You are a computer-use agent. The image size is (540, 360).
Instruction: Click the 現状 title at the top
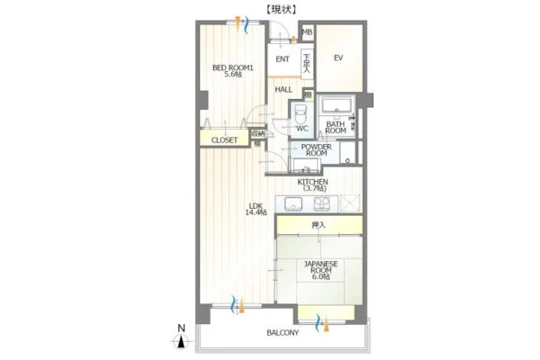point(281,10)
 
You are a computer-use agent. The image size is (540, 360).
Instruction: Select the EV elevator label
point(338,58)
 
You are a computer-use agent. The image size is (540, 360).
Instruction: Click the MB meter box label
point(307,32)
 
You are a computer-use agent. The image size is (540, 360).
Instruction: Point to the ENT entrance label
point(283,59)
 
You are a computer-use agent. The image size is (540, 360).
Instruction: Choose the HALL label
point(283,90)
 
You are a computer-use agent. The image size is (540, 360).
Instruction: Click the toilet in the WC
point(301,114)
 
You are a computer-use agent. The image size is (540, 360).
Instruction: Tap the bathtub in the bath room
point(337,106)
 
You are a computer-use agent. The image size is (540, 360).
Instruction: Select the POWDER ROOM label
point(316,150)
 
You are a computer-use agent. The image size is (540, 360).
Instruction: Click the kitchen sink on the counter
point(293,204)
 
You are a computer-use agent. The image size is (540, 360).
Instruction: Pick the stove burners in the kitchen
point(321,203)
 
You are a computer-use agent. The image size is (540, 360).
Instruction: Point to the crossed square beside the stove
point(350,203)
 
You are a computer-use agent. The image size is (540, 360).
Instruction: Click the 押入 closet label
point(319,225)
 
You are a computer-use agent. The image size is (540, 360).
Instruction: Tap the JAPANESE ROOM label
point(320,270)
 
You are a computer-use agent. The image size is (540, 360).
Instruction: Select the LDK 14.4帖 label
point(256,210)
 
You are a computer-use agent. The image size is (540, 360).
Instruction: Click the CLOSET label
point(224,140)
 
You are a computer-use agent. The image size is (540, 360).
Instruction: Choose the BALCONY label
point(283,333)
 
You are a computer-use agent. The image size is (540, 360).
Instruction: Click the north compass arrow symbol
point(182,341)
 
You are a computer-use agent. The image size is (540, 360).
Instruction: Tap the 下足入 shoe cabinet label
point(307,62)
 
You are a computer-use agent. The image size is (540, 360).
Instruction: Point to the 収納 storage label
point(258,134)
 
